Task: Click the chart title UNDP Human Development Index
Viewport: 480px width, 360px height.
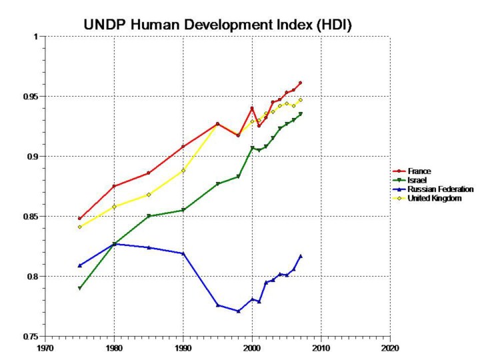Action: point(217,25)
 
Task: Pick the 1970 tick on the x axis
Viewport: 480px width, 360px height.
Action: point(45,347)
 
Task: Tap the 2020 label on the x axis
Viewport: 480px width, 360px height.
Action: point(390,347)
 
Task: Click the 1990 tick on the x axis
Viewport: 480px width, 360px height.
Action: point(183,347)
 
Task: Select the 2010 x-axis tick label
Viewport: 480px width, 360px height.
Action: point(321,347)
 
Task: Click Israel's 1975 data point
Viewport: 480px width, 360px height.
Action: point(80,289)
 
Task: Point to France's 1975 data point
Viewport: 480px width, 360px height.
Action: point(80,219)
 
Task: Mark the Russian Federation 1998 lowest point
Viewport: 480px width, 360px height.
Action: point(238,311)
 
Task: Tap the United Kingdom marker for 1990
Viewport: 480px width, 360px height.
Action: point(183,171)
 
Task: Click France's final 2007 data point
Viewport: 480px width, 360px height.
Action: point(301,83)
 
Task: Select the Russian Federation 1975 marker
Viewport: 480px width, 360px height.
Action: point(80,265)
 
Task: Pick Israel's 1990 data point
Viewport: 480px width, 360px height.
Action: point(183,211)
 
